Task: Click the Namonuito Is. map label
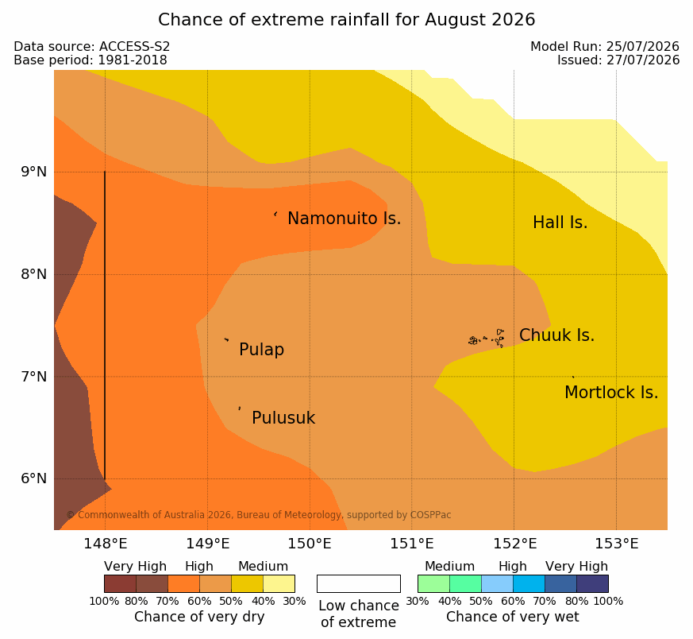coord(345,219)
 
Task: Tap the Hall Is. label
coord(560,223)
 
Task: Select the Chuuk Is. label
coord(557,335)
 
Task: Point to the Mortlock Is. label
coord(611,393)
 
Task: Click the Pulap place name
coord(262,350)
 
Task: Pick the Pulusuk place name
coord(283,418)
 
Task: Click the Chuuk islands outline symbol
coord(487,339)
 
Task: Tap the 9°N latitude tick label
coord(33,172)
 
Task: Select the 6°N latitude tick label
coord(33,478)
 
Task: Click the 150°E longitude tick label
coord(310,544)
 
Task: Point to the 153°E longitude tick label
coord(617,544)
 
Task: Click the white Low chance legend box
coord(359,583)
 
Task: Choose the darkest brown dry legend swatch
coord(120,583)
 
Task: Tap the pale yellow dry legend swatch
coord(279,583)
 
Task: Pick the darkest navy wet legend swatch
coord(592,583)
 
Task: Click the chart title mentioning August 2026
coord(346,20)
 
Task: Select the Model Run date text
coord(605,46)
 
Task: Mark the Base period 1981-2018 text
coord(90,60)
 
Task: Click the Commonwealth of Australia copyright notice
coord(259,515)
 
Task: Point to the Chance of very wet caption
coord(512,617)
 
